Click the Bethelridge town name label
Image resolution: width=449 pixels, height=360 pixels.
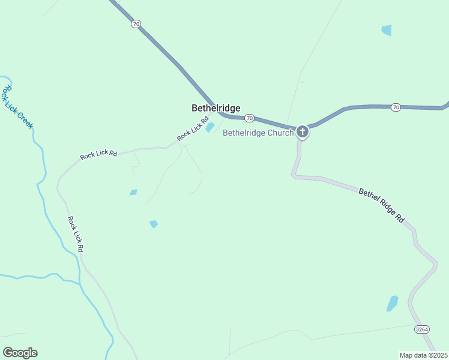215,108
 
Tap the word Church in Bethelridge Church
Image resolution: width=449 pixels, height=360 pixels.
281,133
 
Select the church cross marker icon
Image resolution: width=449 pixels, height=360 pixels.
303,131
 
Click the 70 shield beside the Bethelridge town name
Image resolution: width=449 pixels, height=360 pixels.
250,118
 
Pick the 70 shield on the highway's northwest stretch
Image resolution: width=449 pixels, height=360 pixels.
136,24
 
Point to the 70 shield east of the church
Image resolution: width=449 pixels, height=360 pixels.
395,107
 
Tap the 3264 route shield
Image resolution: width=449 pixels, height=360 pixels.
422,329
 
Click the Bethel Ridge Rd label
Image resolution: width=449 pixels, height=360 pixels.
382,206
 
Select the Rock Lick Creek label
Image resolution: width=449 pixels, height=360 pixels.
17,107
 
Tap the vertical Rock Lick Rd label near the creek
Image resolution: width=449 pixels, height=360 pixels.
75,234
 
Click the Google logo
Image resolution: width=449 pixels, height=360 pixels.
20,353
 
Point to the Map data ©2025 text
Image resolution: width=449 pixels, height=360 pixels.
424,355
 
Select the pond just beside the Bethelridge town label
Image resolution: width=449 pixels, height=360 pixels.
210,127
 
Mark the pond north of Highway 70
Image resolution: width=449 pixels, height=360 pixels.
386,30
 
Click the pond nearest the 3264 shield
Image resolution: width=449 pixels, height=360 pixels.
393,303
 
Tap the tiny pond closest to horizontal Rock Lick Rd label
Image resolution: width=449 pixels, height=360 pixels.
133,193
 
